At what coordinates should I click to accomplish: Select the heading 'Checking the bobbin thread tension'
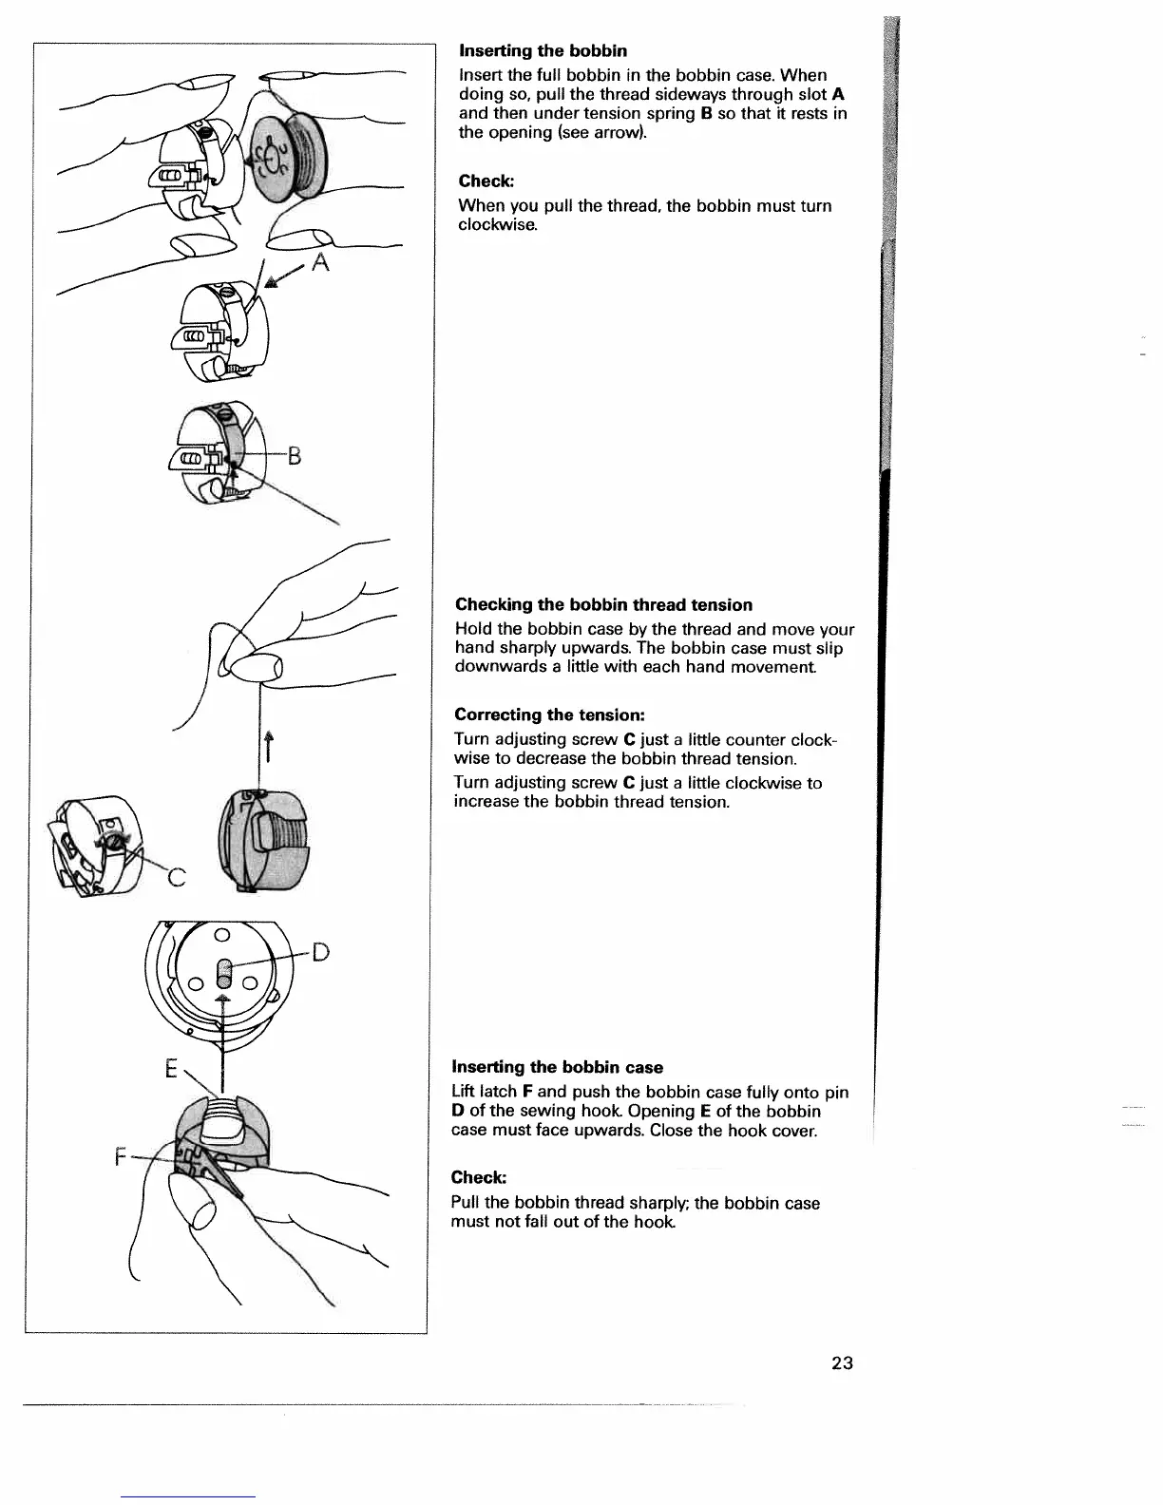(603, 605)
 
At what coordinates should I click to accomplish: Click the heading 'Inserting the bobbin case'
(557, 1067)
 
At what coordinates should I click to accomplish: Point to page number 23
(842, 1363)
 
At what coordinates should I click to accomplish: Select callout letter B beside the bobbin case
(294, 456)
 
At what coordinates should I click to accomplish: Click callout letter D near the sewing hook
(319, 951)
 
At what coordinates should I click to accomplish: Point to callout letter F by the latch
(120, 1157)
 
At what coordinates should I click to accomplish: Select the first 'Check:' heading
(486, 181)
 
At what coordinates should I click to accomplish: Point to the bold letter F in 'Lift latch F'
(525, 1093)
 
